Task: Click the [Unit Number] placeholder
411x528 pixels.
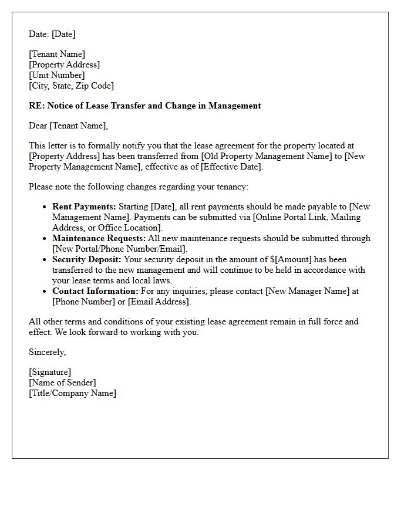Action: (56, 75)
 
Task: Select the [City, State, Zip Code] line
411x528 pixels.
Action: (71, 86)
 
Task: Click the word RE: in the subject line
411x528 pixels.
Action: (36, 106)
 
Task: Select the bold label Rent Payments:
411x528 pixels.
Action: (84, 207)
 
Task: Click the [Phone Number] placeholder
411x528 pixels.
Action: (82, 302)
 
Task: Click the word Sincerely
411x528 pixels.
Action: (47, 352)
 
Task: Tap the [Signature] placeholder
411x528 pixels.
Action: (49, 372)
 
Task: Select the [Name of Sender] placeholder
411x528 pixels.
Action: (62, 383)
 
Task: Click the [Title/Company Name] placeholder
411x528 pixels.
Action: (72, 393)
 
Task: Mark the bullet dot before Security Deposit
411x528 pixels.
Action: (45, 260)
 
